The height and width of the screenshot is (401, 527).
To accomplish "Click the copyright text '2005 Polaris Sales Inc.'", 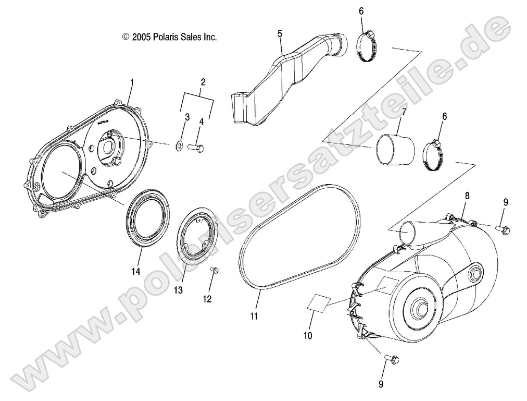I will tap(170, 37).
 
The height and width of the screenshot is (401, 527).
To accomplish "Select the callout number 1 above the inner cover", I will tap(132, 82).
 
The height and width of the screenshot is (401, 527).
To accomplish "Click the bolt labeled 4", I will tap(195, 149).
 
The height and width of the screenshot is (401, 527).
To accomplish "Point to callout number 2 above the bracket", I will tap(203, 82).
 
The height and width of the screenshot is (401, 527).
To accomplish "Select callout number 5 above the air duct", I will tap(280, 34).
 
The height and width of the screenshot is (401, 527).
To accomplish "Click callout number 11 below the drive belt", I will tap(254, 316).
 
